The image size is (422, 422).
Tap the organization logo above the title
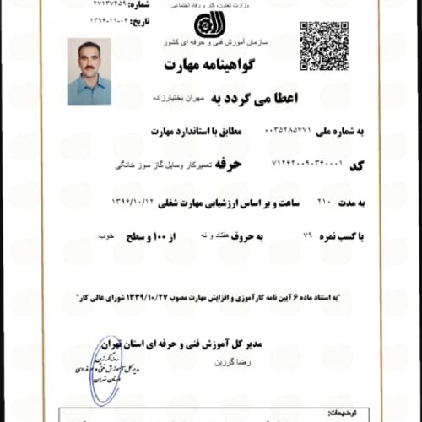click(206, 24)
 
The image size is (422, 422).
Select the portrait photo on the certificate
click(88, 72)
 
